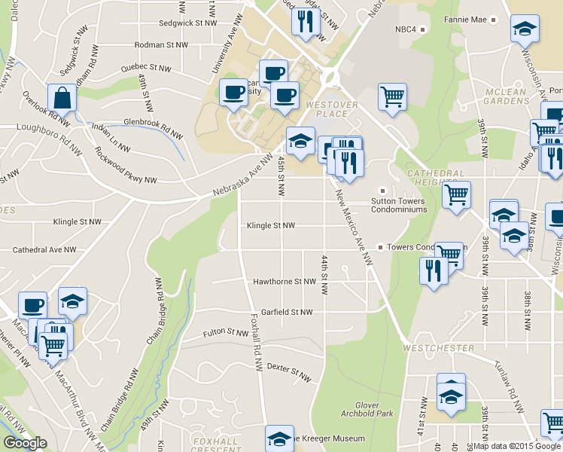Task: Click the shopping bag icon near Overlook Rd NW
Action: pyautogui.click(x=60, y=98)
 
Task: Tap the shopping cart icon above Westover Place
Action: pyautogui.click(x=392, y=96)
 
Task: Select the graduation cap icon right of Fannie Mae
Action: pyautogui.click(x=524, y=30)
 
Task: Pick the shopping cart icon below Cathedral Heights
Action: pyautogui.click(x=456, y=194)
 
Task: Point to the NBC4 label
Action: pyautogui.click(x=406, y=29)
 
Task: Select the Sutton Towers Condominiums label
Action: pyautogui.click(x=399, y=205)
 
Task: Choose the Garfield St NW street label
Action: pyautogui.click(x=281, y=312)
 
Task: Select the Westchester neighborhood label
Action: pyautogui.click(x=438, y=348)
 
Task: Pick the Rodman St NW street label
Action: pyautogui.click(x=160, y=45)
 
